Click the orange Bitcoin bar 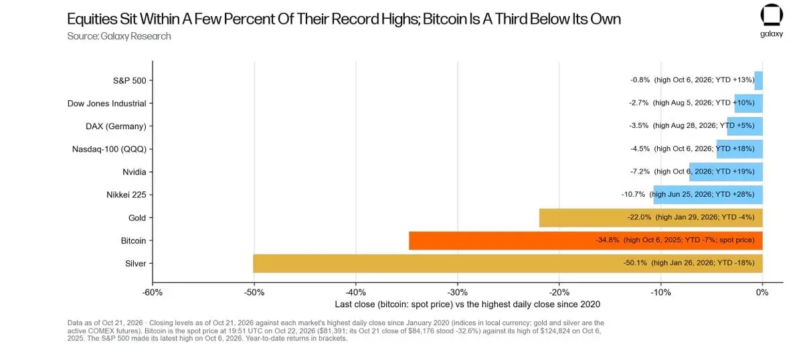tap(586, 240)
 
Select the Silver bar tap(508, 264)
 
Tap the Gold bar tap(650, 217)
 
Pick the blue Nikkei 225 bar tap(708, 195)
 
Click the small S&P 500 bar tap(759, 80)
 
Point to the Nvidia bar tap(726, 172)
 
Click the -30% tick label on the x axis tap(458, 292)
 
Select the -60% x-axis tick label tap(153, 292)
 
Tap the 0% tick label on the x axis tap(762, 292)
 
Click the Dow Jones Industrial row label tap(107, 103)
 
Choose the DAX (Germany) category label tap(116, 126)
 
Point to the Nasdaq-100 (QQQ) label tap(109, 149)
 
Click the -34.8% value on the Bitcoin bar tap(608, 240)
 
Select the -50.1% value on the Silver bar tap(635, 263)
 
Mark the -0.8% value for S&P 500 tap(640, 80)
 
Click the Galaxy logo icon tap(772, 15)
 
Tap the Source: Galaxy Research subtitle tap(119, 36)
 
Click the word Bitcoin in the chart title tap(445, 19)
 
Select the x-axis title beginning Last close tap(468, 304)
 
